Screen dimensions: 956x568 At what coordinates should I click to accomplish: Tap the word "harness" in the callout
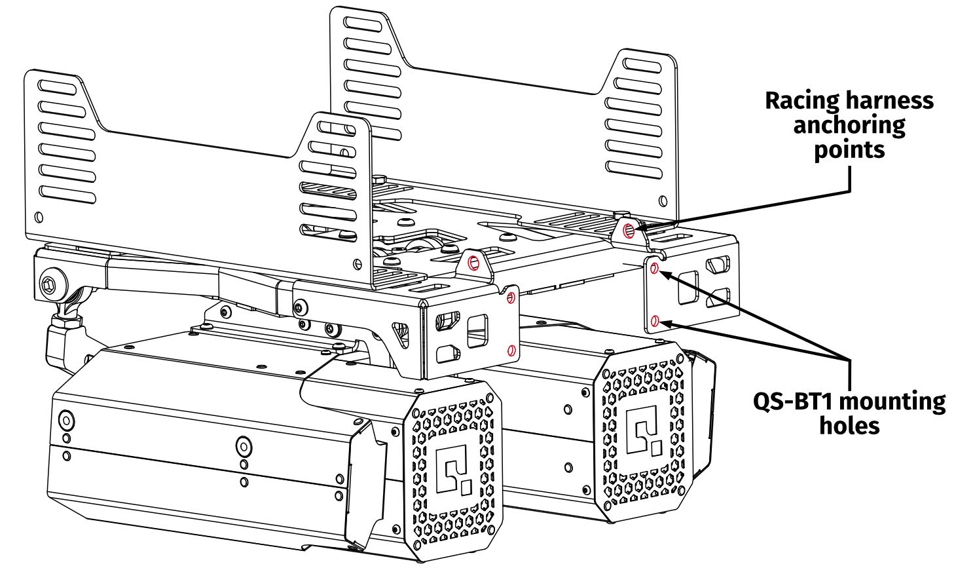pyautogui.click(x=890, y=101)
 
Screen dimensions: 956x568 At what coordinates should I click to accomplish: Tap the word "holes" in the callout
pyautogui.click(x=849, y=426)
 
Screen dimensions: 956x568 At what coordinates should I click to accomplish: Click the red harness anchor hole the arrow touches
pyautogui.click(x=629, y=231)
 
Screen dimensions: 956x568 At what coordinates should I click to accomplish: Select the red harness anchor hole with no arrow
pyautogui.click(x=473, y=263)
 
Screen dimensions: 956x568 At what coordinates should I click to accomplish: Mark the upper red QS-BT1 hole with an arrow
pyautogui.click(x=654, y=268)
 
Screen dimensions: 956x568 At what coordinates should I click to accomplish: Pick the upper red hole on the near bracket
pyautogui.click(x=511, y=297)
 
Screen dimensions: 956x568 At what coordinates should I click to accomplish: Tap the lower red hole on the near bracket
pyautogui.click(x=511, y=351)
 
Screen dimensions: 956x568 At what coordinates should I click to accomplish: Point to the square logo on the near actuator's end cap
pyautogui.click(x=455, y=468)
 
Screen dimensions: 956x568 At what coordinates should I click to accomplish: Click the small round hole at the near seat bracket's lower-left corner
pyautogui.click(x=39, y=218)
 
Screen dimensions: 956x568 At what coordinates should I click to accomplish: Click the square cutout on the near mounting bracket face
pyautogui.click(x=477, y=331)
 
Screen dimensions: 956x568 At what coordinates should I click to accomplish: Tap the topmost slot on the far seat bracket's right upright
pyautogui.click(x=642, y=65)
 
